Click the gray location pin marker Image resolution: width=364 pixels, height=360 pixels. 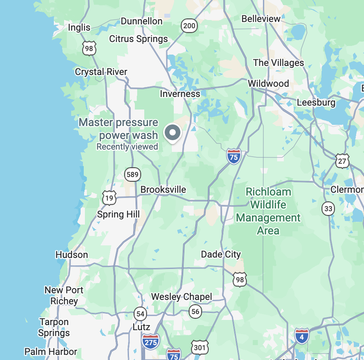coord(172,133)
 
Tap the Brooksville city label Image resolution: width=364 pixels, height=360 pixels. coord(163,190)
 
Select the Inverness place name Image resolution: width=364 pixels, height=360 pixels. coord(180,94)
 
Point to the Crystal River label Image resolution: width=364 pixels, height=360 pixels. coord(101,72)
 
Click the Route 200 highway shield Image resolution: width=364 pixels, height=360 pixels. coord(189,26)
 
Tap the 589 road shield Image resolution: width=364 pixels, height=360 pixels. coord(132,175)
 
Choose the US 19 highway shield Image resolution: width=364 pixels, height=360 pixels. coord(109,198)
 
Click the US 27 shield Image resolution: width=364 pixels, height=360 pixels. coord(342,161)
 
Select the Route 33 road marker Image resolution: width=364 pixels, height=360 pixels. coord(328,208)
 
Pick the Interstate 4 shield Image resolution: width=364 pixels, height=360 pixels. coord(301,336)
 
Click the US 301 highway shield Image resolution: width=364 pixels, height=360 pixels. coord(200,347)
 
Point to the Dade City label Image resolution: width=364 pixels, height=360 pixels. coord(221,254)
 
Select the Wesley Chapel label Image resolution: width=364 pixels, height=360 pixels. coord(182,297)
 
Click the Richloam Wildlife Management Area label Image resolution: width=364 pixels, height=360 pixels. coord(268,211)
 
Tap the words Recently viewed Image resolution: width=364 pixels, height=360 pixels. coord(127,147)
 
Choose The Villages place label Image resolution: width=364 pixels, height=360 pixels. coord(278,63)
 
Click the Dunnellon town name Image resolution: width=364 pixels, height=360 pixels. coord(142,21)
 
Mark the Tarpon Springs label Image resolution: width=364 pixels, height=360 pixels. coord(54,327)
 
